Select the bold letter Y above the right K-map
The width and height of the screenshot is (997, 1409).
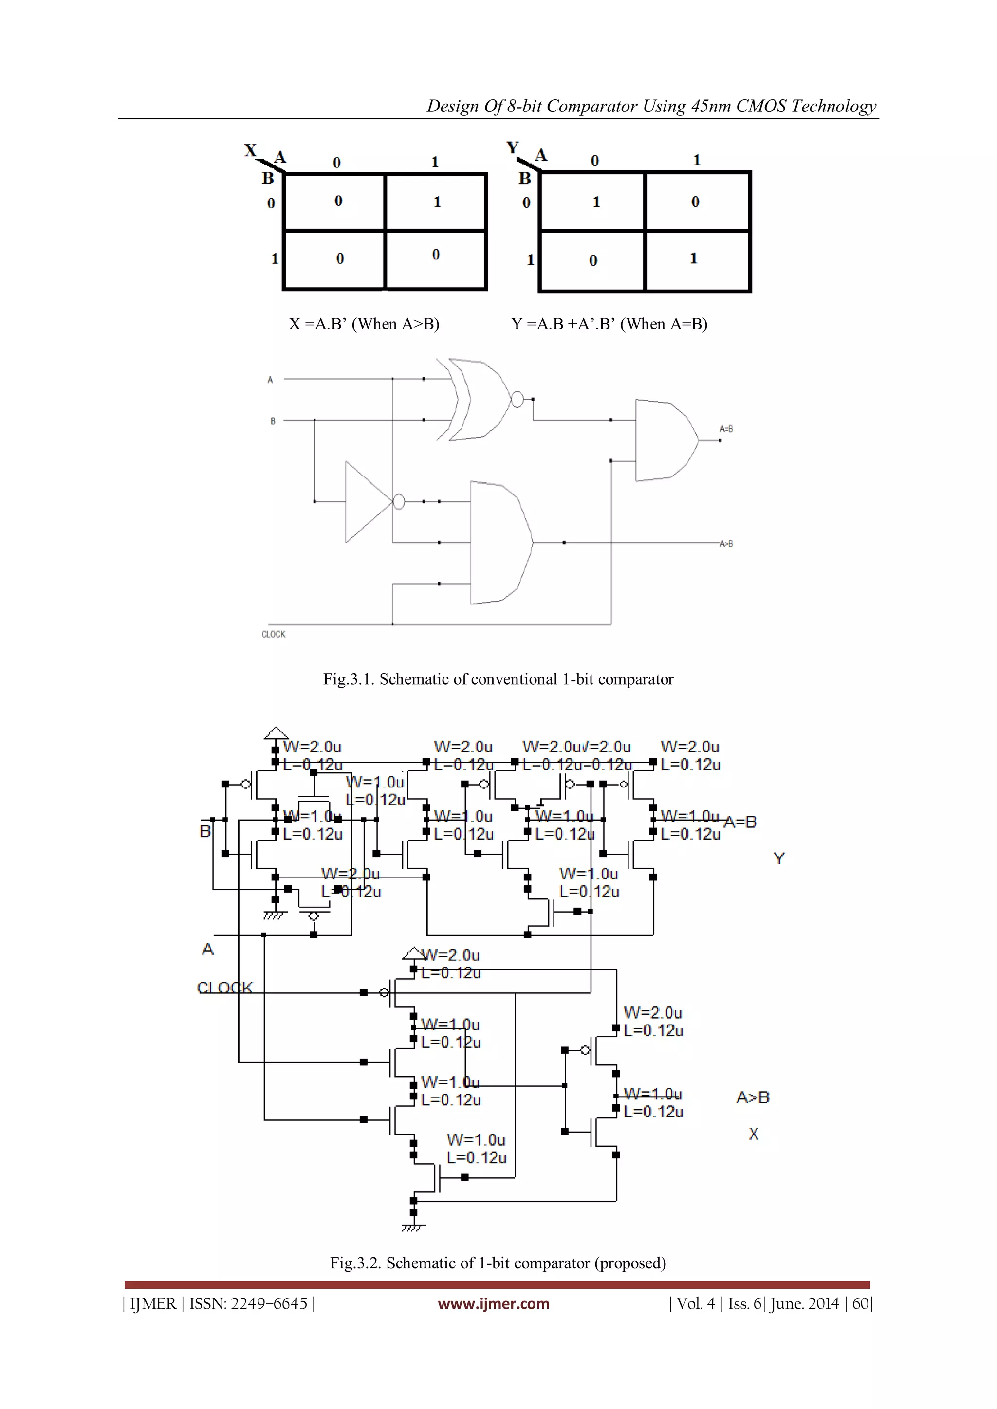point(513,148)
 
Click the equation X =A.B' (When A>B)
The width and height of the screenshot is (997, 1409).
point(364,324)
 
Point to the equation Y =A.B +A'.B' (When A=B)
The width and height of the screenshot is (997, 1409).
point(609,324)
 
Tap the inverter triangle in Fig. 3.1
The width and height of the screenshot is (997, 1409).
point(367,502)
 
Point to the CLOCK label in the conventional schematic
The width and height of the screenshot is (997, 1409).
point(273,634)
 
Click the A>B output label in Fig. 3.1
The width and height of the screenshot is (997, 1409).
point(726,544)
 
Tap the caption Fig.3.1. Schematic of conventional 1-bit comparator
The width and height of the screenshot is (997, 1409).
point(498,679)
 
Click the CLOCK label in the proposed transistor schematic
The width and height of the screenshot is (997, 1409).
point(225,988)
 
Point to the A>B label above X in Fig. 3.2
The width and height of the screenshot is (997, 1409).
point(752,1097)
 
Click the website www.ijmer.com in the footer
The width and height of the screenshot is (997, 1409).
point(493,1303)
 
